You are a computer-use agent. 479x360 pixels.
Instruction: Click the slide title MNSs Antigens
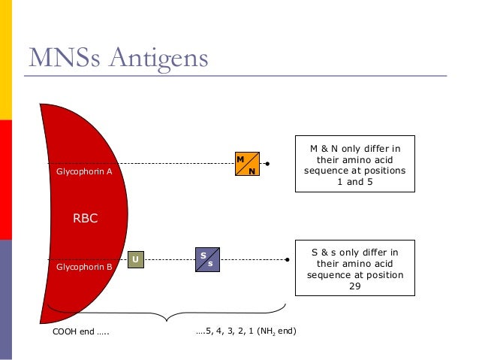[x=118, y=59]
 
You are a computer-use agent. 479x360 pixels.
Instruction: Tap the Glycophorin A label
[x=84, y=171]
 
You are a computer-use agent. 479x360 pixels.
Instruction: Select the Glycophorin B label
[x=84, y=266]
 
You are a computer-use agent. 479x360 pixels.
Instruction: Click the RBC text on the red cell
[x=85, y=219]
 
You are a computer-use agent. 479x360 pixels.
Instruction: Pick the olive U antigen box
[x=135, y=260]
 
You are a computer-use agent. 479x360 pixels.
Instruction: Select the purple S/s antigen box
[x=206, y=259]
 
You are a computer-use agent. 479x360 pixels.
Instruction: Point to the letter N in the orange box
[x=252, y=171]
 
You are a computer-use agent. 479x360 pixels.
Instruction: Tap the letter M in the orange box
[x=240, y=159]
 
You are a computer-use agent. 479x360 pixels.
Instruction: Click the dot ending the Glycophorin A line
[x=267, y=162]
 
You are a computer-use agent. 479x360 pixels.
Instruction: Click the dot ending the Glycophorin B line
[x=288, y=260]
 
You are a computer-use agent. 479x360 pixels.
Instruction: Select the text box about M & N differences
[x=354, y=165]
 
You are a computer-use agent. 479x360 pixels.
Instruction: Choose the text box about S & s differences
[x=354, y=268]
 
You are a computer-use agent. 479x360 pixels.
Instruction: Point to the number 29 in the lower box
[x=354, y=286]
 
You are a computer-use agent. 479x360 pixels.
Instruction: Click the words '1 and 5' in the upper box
[x=354, y=181]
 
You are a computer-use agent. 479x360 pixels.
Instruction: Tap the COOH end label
[x=80, y=330]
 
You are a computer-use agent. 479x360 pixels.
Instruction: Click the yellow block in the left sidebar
[x=5, y=60]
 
